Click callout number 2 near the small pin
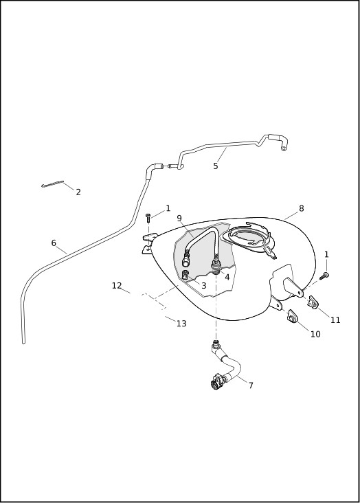pyautogui.click(x=78, y=192)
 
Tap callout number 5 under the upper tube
pyautogui.click(x=216, y=166)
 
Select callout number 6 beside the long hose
pyautogui.click(x=54, y=243)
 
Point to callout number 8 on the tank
pyautogui.click(x=301, y=209)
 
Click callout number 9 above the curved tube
pyautogui.click(x=179, y=219)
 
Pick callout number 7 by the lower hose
pyautogui.click(x=251, y=385)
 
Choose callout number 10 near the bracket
pyautogui.click(x=315, y=335)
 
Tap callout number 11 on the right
pyautogui.click(x=335, y=320)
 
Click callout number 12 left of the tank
pyautogui.click(x=117, y=286)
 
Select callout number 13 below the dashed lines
pyautogui.click(x=181, y=324)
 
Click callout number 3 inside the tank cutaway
pyautogui.click(x=203, y=285)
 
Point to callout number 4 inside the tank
pyautogui.click(x=227, y=277)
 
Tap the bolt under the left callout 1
pyautogui.click(x=148, y=218)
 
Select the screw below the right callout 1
pyautogui.click(x=326, y=276)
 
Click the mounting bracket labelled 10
pyautogui.click(x=291, y=316)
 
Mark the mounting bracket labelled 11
pyautogui.click(x=313, y=302)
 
